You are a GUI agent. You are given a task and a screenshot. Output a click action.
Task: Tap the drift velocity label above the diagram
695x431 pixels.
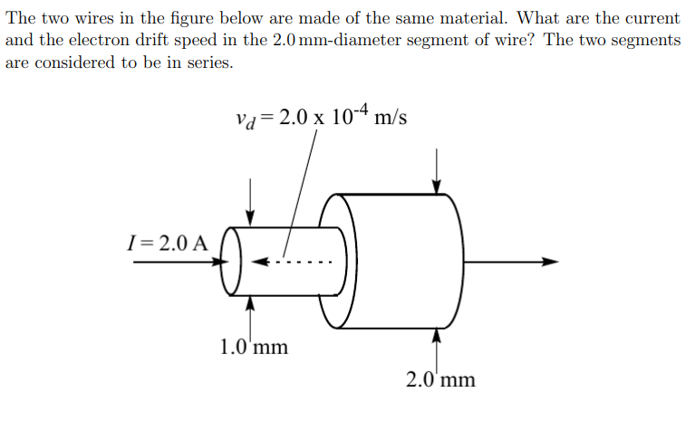click(x=320, y=117)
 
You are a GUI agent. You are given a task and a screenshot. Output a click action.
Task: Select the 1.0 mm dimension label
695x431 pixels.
click(x=253, y=346)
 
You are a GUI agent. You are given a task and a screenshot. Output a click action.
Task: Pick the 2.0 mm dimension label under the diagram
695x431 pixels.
click(x=439, y=378)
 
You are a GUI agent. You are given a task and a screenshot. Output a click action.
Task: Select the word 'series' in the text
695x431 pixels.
click(x=189, y=63)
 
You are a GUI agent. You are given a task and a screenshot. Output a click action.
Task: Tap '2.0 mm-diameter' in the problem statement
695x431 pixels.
click(x=328, y=41)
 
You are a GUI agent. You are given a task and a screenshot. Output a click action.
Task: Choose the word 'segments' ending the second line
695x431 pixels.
click(x=644, y=41)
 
